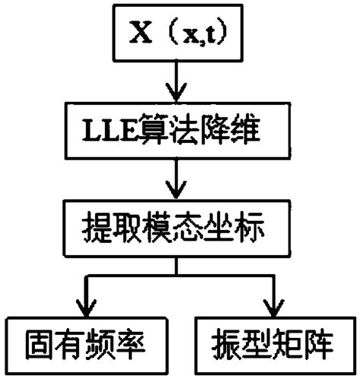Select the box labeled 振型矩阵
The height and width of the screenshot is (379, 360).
[x=270, y=346]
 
